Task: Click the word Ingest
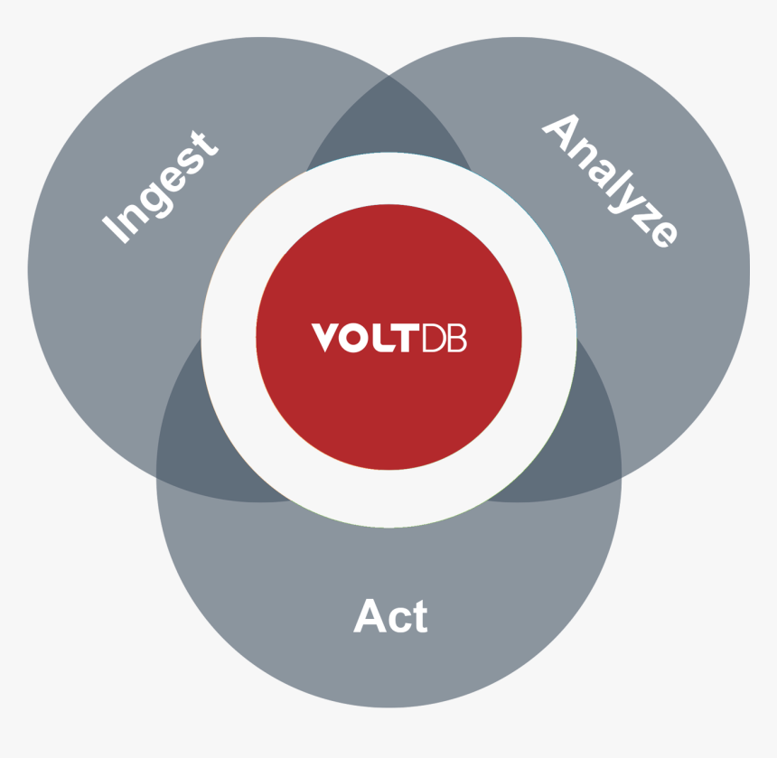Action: [x=160, y=187]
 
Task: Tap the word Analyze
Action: [x=611, y=181]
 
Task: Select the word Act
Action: [x=390, y=615]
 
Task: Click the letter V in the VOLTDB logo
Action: [x=325, y=337]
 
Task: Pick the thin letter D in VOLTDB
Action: [x=434, y=338]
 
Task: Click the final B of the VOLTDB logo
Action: [x=457, y=338]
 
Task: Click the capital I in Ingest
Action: [x=116, y=229]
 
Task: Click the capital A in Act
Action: [x=370, y=615]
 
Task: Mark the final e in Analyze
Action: [x=664, y=234]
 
